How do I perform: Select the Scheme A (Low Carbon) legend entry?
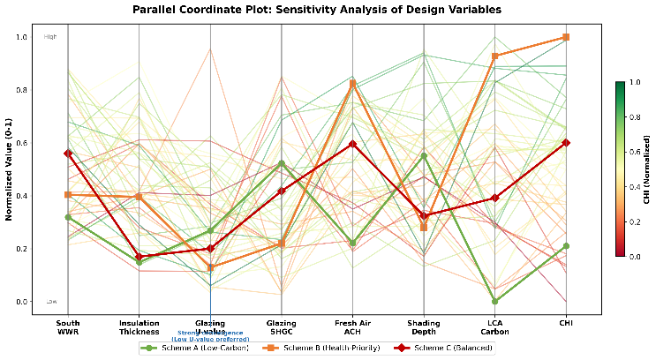coord(187,348)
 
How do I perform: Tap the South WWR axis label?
coord(68,327)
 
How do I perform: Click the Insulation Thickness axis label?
coord(139,327)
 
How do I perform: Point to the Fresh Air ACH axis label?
coord(352,327)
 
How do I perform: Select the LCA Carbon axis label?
coord(494,327)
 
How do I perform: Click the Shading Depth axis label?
coord(424,327)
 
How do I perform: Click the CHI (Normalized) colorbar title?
coord(648,169)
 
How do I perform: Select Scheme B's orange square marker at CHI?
coord(566,37)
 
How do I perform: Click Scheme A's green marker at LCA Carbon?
coord(494,302)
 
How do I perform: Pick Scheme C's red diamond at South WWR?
coord(68,154)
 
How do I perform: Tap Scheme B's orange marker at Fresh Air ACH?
coord(352,84)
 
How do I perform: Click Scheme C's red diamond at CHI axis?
coord(566,143)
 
